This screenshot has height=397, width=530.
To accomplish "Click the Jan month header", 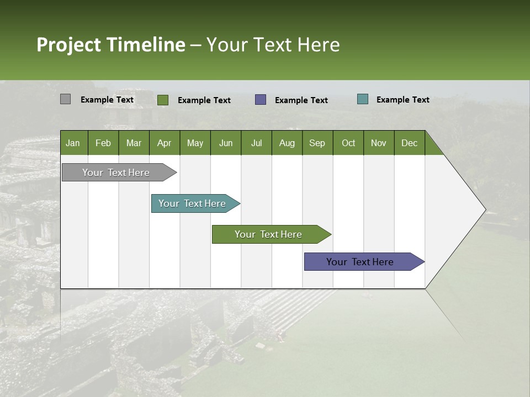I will point(73,143).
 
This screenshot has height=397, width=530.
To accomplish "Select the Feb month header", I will point(103,143).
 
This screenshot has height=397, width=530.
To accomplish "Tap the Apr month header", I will point(164,143).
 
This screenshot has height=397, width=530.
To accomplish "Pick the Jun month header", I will point(226,143).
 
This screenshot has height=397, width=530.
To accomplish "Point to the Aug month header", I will point(287,143).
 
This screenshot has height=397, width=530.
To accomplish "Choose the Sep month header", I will point(317,143).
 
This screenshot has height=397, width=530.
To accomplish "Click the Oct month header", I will point(348,143).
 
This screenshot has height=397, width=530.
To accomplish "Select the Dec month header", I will point(409,143).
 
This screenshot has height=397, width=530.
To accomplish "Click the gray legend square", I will point(65,99).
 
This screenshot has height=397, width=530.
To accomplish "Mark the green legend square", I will point(163,100).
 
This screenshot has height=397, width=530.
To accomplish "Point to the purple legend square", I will point(261,100).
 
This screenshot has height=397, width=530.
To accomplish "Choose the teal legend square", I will point(363,99).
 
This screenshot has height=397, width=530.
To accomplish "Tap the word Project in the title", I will point(68,45).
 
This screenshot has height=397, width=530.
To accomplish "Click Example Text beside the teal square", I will point(402,100).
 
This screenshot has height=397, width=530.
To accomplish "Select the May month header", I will point(195,143).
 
